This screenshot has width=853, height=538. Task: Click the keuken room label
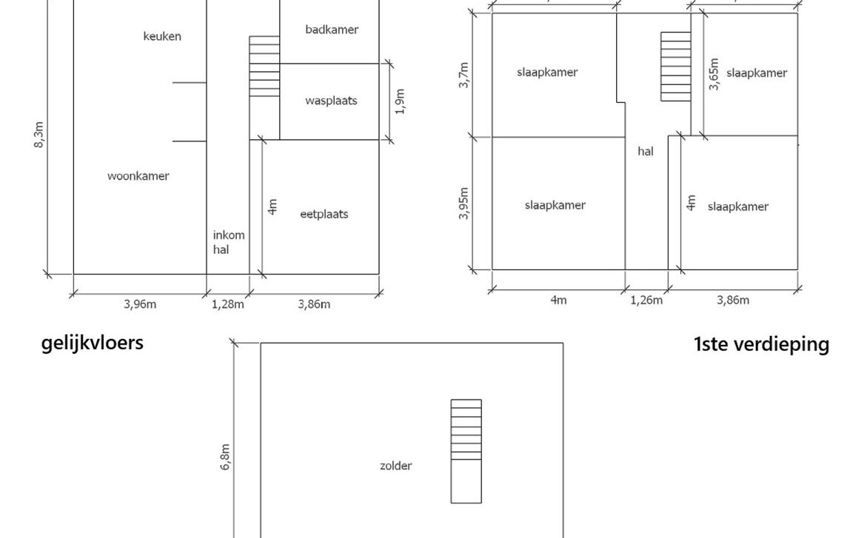click(x=162, y=36)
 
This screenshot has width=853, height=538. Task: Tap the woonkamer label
click(x=138, y=176)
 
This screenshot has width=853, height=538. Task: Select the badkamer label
click(x=332, y=30)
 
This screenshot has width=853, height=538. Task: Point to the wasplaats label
click(x=331, y=100)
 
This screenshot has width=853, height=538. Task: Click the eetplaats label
click(x=324, y=215)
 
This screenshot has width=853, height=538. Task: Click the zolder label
click(x=395, y=466)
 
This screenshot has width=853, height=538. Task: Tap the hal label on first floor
click(x=646, y=152)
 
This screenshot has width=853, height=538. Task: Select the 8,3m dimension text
click(x=39, y=134)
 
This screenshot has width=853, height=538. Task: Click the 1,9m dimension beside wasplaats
click(x=401, y=101)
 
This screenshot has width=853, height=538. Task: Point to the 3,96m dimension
click(x=139, y=304)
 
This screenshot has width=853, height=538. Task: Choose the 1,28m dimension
click(x=228, y=304)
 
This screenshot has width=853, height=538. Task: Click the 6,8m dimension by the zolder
click(x=226, y=457)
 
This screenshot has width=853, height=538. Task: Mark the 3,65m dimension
click(x=714, y=74)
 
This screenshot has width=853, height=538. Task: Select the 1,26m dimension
click(x=646, y=300)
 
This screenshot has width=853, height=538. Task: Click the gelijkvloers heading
click(x=92, y=343)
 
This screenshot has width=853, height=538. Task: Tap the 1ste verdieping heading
click(x=761, y=345)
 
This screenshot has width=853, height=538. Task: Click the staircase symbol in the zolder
click(x=466, y=451)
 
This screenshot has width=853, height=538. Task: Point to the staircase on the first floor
click(x=675, y=67)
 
